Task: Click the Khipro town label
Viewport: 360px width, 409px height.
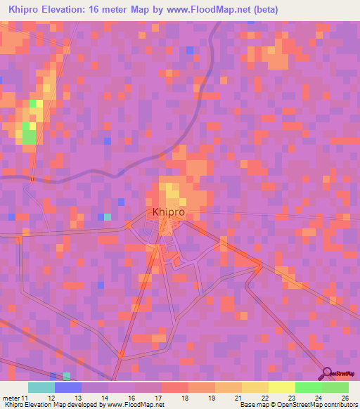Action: [169, 212]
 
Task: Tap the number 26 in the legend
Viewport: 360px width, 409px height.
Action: [345, 398]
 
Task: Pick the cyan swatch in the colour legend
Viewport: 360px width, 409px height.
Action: [41, 387]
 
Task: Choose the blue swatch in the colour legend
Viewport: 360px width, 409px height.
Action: [67, 387]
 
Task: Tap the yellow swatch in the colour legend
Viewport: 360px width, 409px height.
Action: [281, 387]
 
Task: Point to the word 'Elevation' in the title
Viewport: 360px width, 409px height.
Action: [71, 10]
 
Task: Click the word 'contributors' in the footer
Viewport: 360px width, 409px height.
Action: [337, 405]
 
